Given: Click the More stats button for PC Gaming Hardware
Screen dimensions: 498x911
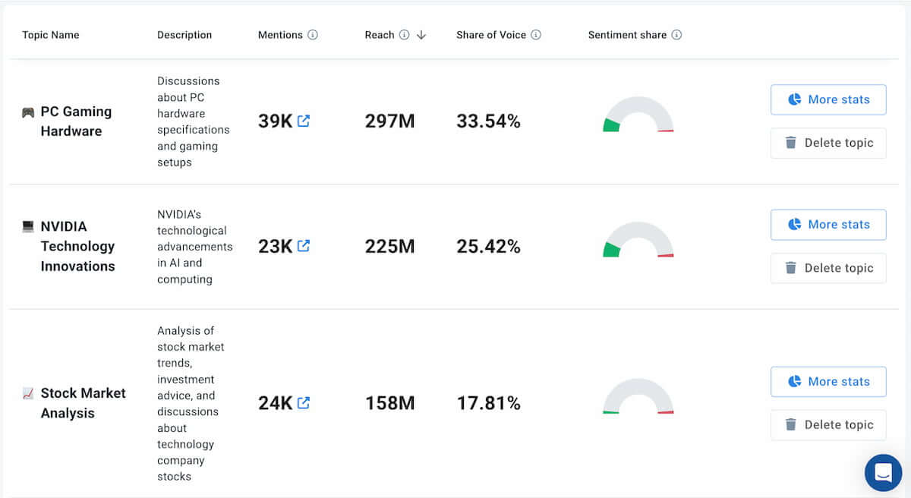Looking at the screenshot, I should (x=828, y=99).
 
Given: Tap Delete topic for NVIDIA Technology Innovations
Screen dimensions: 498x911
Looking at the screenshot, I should (x=828, y=268).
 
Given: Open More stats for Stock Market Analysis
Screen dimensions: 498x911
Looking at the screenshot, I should (x=828, y=382).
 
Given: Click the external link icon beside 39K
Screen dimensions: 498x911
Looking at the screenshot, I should (x=304, y=121).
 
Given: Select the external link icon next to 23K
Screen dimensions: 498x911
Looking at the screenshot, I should (x=304, y=246).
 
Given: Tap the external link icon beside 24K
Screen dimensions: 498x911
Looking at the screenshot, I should (x=304, y=403).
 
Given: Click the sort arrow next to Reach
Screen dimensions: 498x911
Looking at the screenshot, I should (x=421, y=35).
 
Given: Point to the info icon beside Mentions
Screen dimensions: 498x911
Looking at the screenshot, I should (x=313, y=35).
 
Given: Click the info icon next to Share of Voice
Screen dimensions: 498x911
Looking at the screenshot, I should (x=536, y=35).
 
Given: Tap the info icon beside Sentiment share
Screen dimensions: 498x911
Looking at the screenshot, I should (x=676, y=35).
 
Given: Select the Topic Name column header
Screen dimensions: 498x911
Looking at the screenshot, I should (x=51, y=35).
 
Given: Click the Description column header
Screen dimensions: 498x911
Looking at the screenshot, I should (x=184, y=35).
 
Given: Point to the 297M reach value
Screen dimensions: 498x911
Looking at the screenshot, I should (x=389, y=121).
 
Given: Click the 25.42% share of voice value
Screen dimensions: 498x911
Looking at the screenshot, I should (x=488, y=247).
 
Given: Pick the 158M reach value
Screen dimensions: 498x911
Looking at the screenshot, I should (x=389, y=403).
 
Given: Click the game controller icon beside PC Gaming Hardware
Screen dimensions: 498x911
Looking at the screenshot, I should (x=28, y=112).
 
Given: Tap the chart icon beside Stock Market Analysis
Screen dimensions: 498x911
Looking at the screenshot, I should (x=28, y=393).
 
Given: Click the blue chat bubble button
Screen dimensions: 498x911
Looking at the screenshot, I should (x=883, y=472).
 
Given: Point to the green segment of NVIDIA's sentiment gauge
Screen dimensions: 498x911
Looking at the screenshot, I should (x=611, y=250).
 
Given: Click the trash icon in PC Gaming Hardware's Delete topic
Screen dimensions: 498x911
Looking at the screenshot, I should (x=791, y=143).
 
